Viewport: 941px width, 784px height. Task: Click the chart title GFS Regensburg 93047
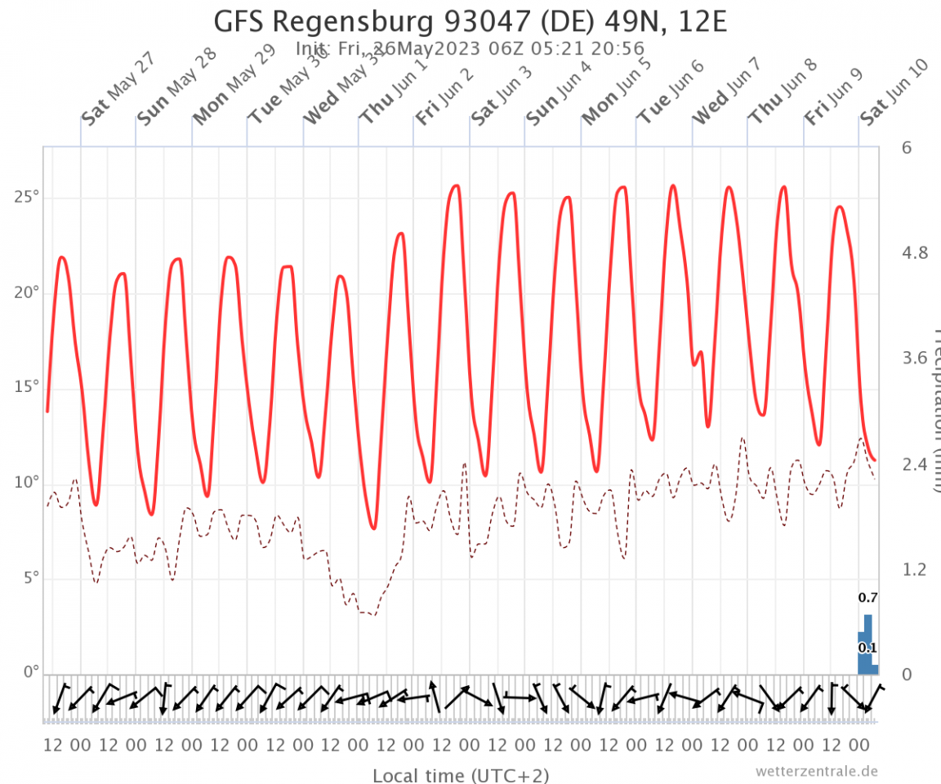click(470, 20)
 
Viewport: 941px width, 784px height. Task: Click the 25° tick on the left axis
click(29, 198)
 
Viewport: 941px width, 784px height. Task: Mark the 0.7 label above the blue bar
click(867, 599)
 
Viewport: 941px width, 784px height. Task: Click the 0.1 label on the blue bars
click(867, 648)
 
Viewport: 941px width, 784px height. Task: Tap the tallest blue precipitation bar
click(868, 645)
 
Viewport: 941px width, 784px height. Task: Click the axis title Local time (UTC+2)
click(461, 775)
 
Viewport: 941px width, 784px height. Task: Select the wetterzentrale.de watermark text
click(817, 771)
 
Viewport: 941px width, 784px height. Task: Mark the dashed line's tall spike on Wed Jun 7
click(743, 439)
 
